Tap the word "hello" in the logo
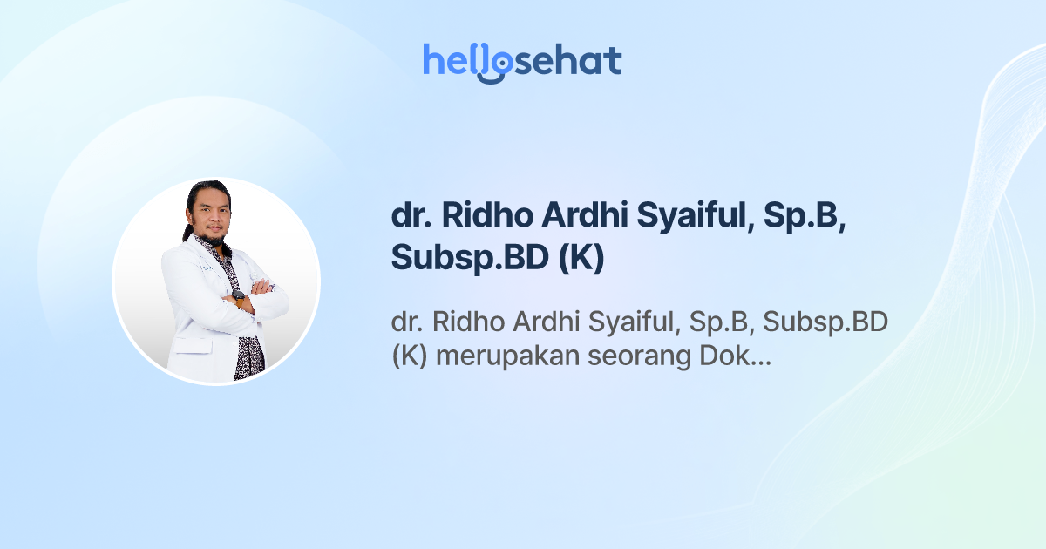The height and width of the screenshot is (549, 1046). pos(457,60)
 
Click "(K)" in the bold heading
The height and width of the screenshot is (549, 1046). pos(581,259)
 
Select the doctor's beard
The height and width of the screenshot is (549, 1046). pos(211,234)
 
